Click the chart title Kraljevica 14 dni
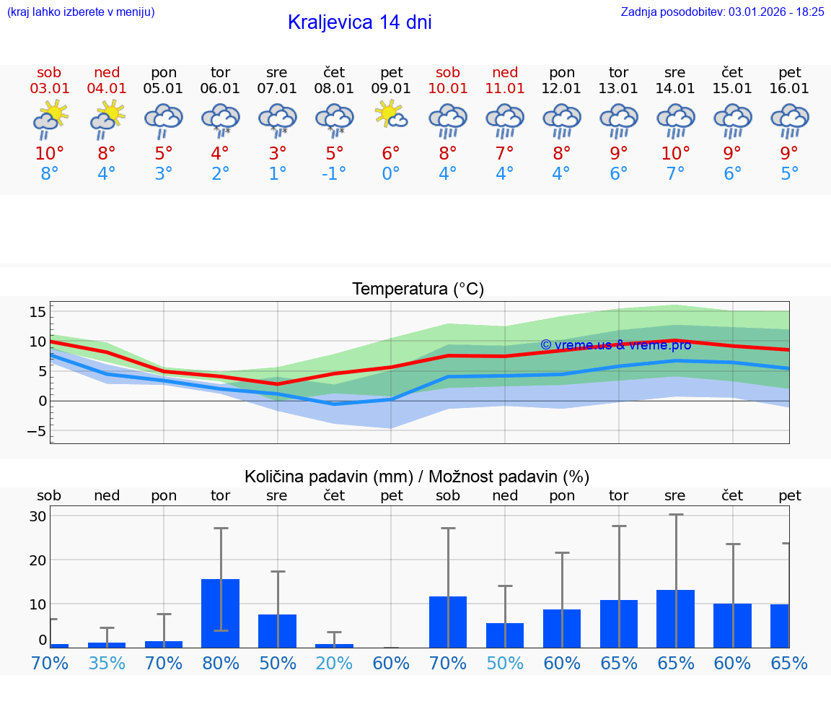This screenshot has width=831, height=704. click(x=359, y=22)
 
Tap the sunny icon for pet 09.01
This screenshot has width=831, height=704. click(x=391, y=116)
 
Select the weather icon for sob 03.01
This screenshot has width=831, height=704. click(x=50, y=119)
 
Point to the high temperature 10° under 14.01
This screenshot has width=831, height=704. click(x=676, y=153)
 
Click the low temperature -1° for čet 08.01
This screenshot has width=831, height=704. click(x=333, y=173)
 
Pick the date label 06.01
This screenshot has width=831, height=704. click(x=220, y=88)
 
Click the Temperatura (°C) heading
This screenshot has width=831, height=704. click(x=418, y=290)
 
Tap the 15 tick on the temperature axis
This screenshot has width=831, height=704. click(x=38, y=312)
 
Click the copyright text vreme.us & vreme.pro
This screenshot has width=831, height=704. click(x=615, y=345)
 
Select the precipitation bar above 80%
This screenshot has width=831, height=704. click(x=220, y=613)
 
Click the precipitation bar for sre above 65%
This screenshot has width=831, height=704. click(x=675, y=619)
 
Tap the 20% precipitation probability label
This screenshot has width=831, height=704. click(x=333, y=664)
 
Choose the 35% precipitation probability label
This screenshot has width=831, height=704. click(x=107, y=664)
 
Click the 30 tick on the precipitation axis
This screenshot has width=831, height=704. click(x=38, y=516)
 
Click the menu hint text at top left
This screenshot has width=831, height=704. click(x=81, y=12)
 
